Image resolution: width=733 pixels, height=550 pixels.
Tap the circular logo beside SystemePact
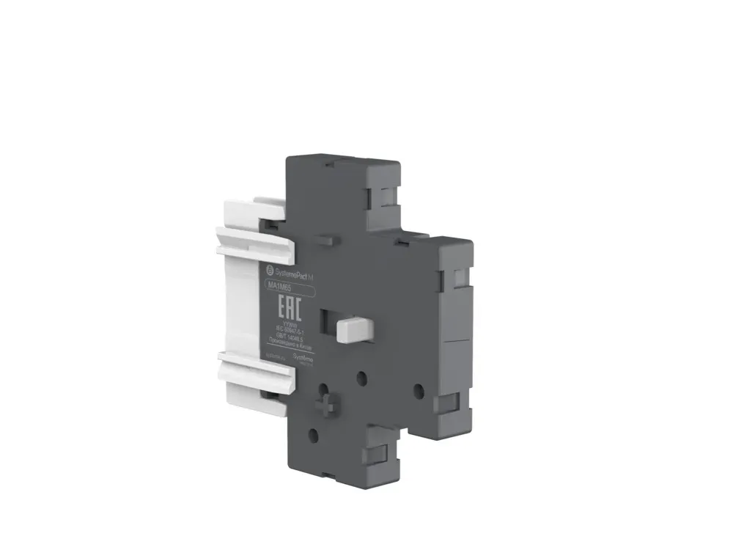[x=269, y=271]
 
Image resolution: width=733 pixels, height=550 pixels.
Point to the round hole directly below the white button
[x=361, y=378]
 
